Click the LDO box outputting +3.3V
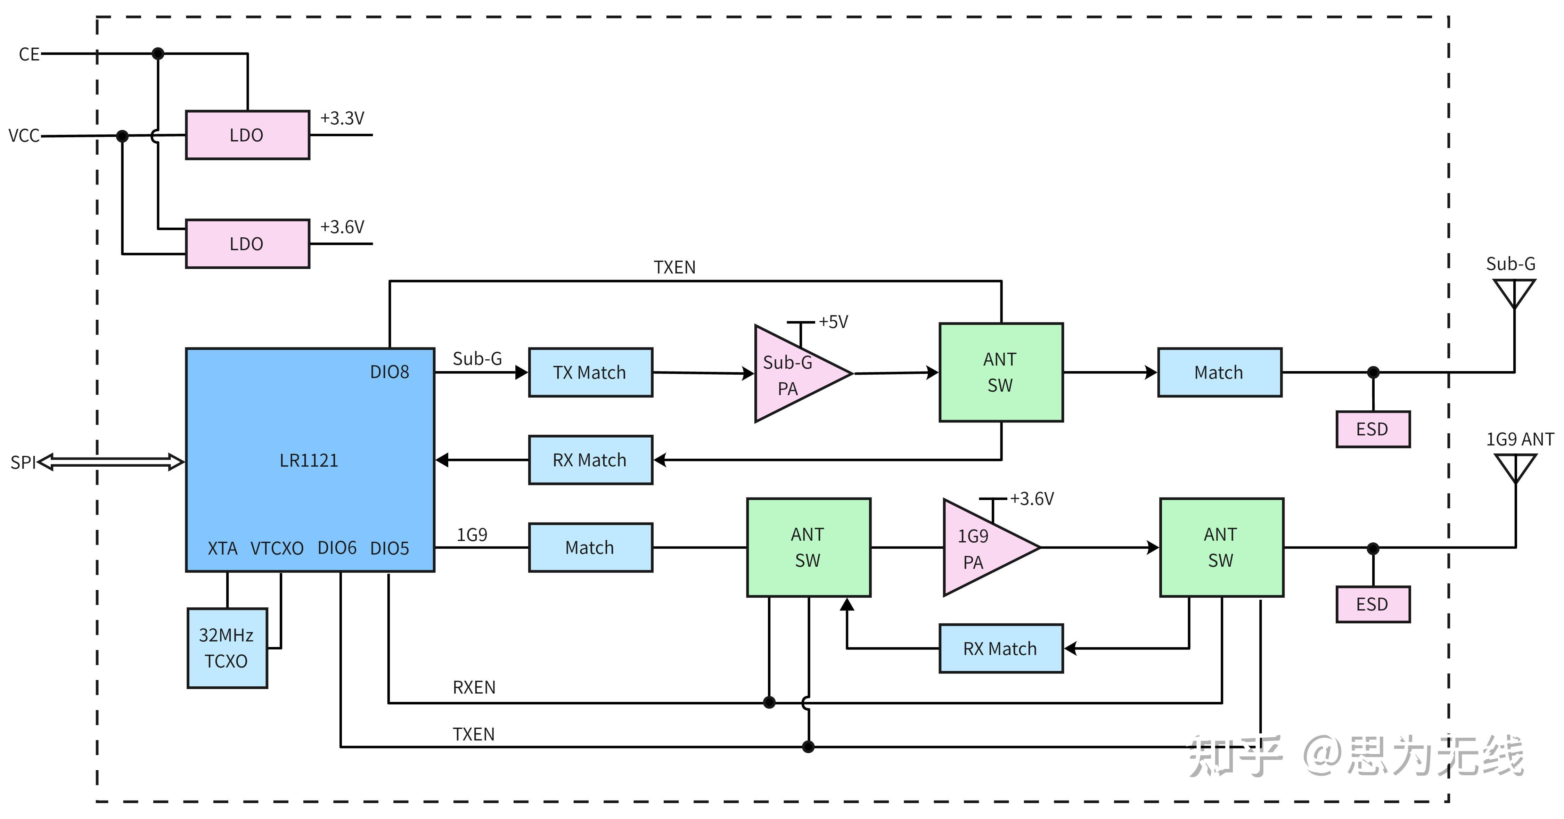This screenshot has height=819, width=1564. coord(247,135)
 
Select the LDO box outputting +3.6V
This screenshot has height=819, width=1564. coord(247,244)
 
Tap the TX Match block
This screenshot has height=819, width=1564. coord(590,372)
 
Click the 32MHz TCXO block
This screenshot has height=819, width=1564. coord(227,648)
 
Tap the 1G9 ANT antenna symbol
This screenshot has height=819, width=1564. coord(1515,469)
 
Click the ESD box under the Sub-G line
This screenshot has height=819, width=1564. coord(1373,429)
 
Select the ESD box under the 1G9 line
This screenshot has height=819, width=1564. coord(1373,604)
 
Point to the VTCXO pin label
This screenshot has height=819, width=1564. coord(277,548)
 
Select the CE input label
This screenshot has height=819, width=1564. coord(29,54)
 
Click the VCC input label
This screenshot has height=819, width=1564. coord(24,136)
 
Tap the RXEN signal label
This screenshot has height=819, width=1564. coord(474,687)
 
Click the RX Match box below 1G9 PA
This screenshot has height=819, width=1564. coord(1001,648)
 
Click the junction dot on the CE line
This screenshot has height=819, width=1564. coord(158,54)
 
